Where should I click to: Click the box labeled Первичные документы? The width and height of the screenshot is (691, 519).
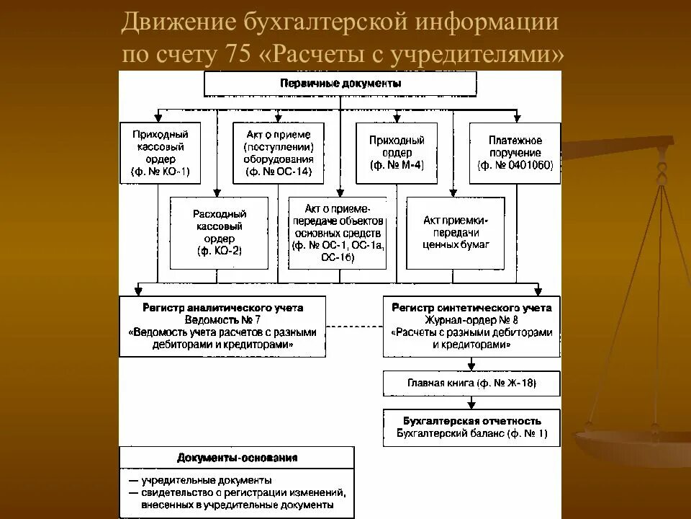[x=340, y=84]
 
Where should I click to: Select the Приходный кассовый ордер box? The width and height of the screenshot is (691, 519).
[x=159, y=153]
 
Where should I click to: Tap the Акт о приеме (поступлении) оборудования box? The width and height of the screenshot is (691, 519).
[x=279, y=153]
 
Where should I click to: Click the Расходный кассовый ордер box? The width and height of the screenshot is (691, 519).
[x=219, y=232]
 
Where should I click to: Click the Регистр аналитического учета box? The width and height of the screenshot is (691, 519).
[x=223, y=326]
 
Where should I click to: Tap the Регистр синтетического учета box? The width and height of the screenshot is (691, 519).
[x=471, y=326]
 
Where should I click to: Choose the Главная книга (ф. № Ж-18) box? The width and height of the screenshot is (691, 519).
[x=471, y=383]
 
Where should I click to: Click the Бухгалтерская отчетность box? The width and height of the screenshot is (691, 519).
[x=471, y=427]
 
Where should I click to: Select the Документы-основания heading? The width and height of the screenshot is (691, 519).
[x=237, y=457]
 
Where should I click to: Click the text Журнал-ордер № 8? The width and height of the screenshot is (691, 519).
[x=471, y=320]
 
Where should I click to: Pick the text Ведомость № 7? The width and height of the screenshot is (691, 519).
[x=223, y=320]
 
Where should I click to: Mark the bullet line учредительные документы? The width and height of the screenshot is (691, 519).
[x=206, y=479]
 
